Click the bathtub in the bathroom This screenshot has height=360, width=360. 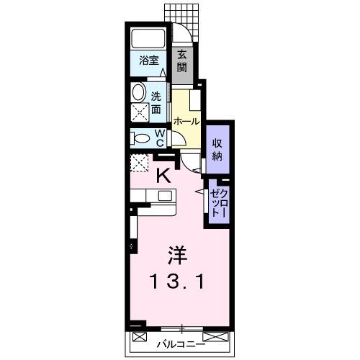pos(150,39)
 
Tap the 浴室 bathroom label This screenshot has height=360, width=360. pos(149,60)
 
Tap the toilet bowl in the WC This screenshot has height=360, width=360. pos(141,138)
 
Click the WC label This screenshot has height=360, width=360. pos(160,138)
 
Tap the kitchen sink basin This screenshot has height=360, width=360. pos(165,195)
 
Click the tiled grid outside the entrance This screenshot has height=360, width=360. pos(180,12)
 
